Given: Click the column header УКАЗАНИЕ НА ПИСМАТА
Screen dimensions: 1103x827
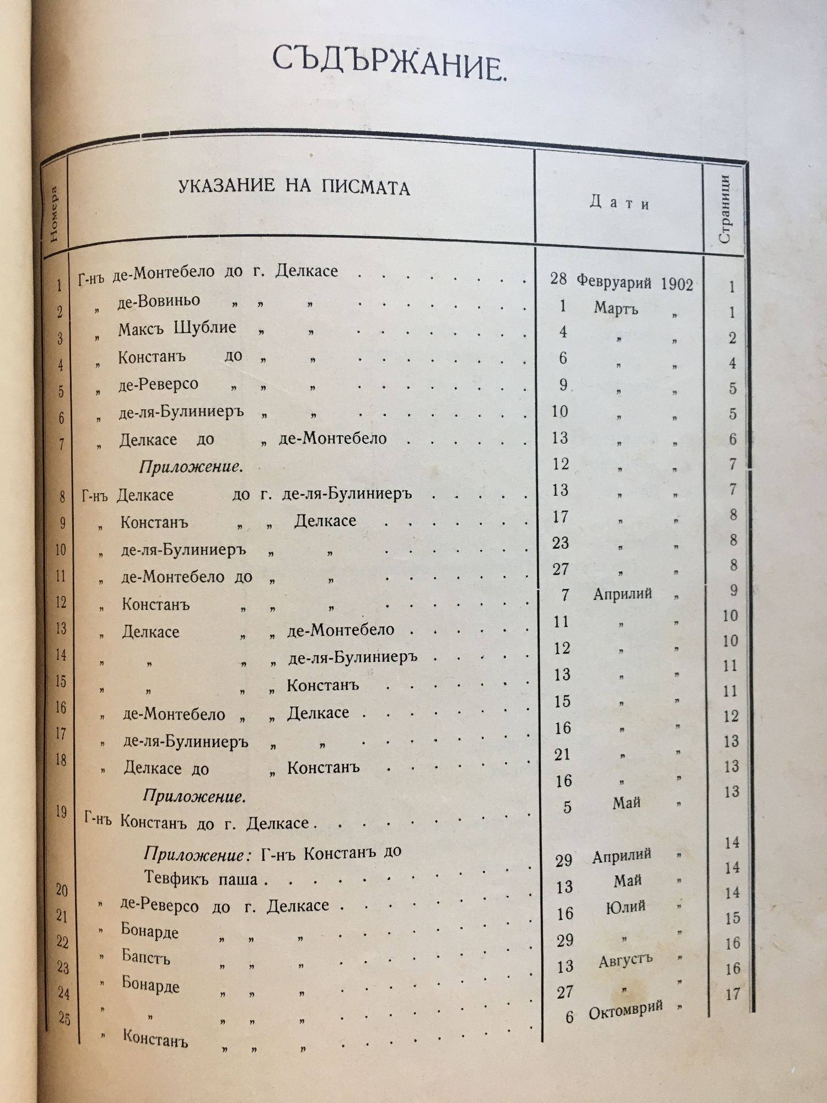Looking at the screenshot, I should [x=294, y=187].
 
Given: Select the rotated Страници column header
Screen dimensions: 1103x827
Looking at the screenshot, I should [x=724, y=209].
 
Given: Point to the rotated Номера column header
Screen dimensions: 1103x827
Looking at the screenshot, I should [x=54, y=215].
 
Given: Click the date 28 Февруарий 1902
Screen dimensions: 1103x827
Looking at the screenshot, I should [x=621, y=281].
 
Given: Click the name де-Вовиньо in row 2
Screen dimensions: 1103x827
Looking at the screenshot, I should [x=159, y=302].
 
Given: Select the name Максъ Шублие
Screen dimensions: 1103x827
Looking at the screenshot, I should [x=177, y=329].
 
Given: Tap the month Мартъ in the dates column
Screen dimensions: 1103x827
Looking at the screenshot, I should [x=616, y=308].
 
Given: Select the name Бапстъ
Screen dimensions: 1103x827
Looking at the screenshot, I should [x=146, y=958].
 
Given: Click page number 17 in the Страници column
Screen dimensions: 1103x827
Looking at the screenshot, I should [x=733, y=994].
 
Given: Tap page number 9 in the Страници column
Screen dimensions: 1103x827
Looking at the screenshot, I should [x=733, y=590].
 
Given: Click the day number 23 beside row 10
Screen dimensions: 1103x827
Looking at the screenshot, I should [x=561, y=543].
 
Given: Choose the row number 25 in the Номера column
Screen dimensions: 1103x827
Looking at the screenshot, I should [x=65, y=1019].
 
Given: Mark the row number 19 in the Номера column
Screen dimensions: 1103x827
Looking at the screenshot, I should [x=61, y=811].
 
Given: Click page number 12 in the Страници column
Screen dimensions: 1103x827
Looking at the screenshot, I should [x=731, y=716].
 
